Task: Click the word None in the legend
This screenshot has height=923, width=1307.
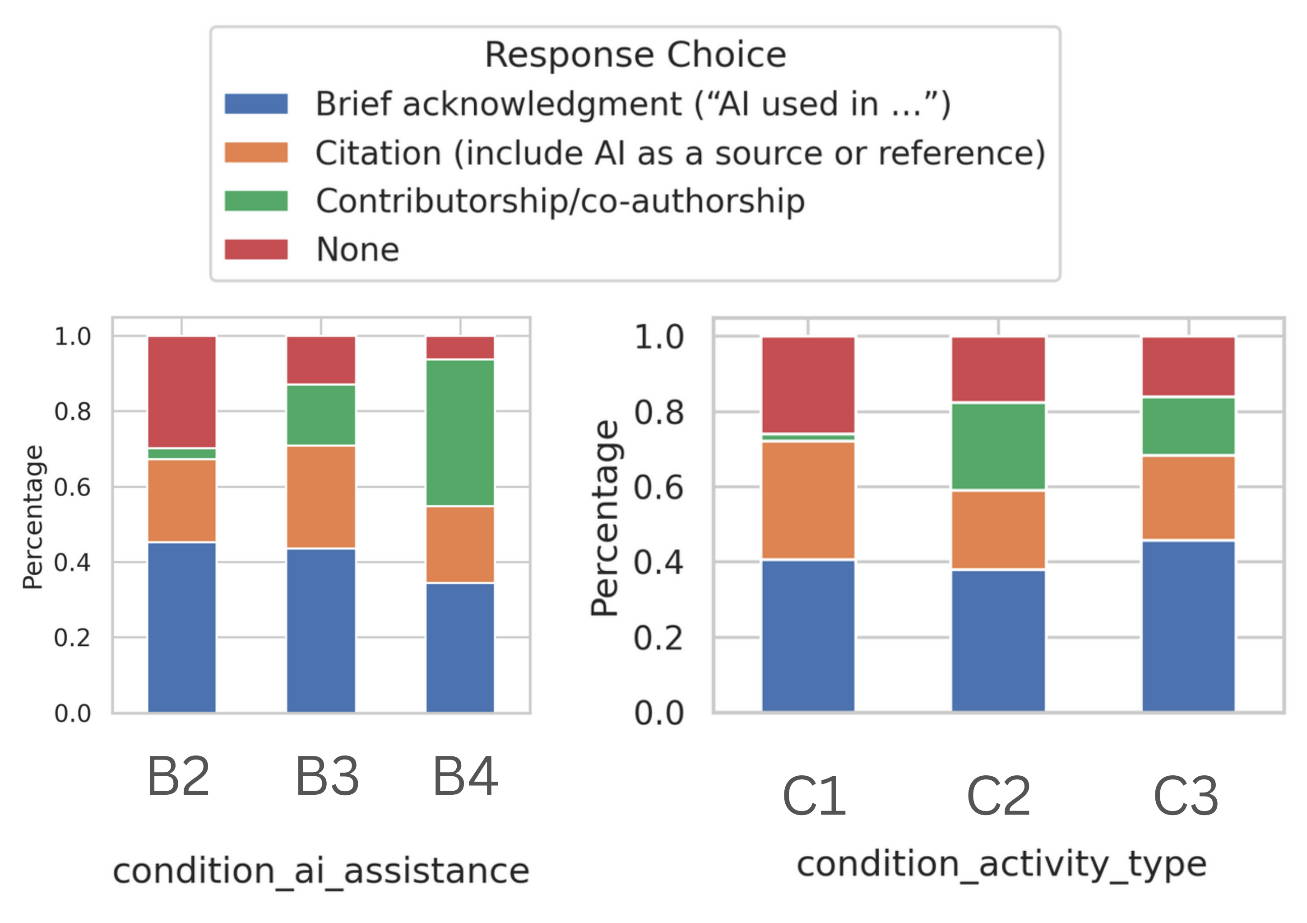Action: pyautogui.click(x=357, y=249)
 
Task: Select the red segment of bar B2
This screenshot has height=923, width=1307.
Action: pyautogui.click(x=181, y=392)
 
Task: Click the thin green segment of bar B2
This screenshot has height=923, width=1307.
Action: pyautogui.click(x=181, y=453)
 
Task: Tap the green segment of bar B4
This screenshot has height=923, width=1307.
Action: pyautogui.click(x=460, y=433)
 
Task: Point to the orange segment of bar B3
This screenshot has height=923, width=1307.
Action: pyautogui.click(x=320, y=497)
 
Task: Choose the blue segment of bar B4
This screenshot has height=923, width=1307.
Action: pyautogui.click(x=460, y=648)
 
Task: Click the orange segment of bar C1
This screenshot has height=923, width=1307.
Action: pyautogui.click(x=808, y=500)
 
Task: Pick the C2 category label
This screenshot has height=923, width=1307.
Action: pyautogui.click(x=998, y=796)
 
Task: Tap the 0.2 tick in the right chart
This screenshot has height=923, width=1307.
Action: pyautogui.click(x=658, y=638)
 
